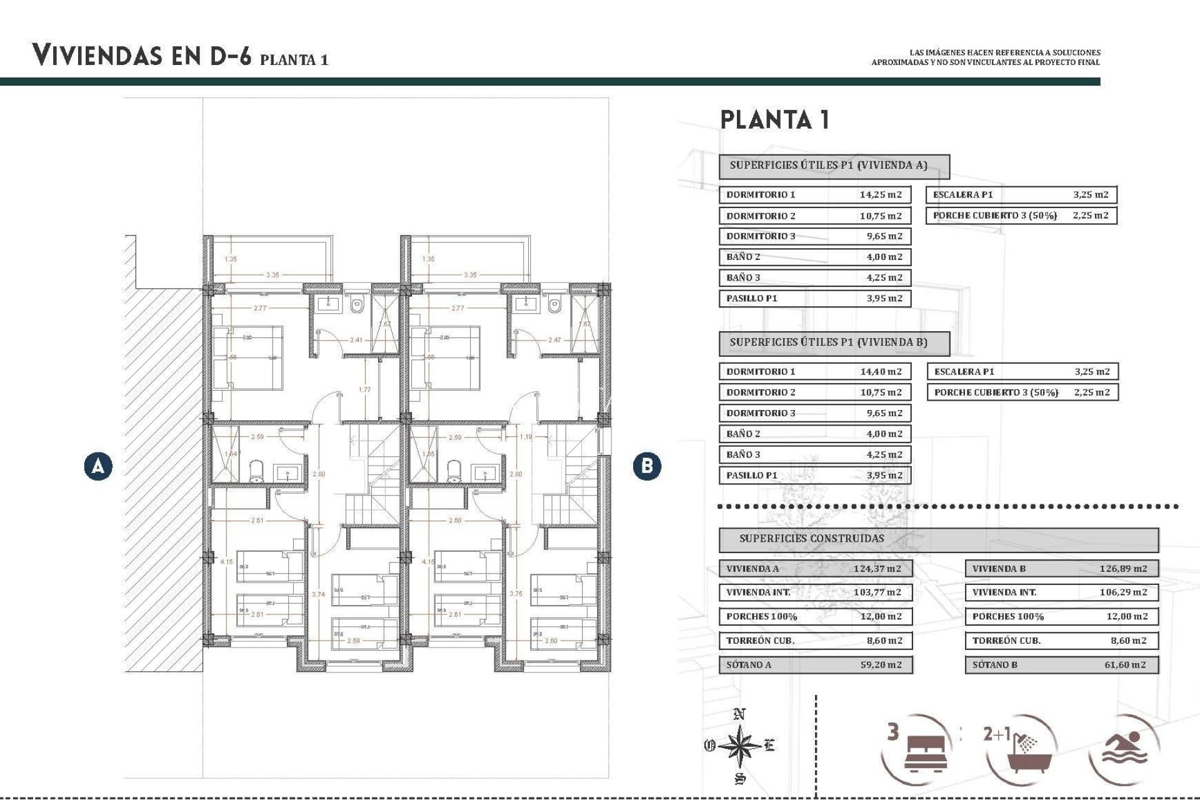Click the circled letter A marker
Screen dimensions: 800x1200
click(98, 466)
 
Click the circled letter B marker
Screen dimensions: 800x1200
click(647, 466)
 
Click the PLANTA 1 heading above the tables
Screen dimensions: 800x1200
click(775, 119)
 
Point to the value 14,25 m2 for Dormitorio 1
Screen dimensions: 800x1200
click(881, 194)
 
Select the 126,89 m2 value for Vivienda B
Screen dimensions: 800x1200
click(1123, 569)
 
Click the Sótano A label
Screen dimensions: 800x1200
click(749, 664)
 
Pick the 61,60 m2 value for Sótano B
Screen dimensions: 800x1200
click(1125, 664)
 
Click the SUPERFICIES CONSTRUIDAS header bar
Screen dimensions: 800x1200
click(937, 539)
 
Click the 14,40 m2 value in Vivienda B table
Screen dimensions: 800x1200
click(881, 371)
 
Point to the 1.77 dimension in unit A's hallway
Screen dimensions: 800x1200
click(365, 389)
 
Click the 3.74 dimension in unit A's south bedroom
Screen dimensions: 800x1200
click(318, 594)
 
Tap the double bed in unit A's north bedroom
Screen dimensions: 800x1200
click(248, 357)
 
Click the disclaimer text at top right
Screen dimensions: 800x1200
click(986, 57)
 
